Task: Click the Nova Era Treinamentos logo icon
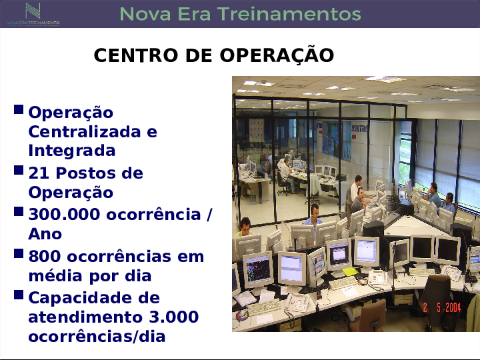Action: [33, 11]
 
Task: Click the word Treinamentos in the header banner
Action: [289, 14]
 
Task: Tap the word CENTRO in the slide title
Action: [136, 55]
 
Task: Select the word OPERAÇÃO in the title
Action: [277, 55]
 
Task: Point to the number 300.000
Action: [64, 214]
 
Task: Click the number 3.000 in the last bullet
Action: [174, 317]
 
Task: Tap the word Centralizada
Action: [84, 131]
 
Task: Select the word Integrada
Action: [72, 151]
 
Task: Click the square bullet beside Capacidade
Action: [19, 295]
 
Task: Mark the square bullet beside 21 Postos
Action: [19, 170]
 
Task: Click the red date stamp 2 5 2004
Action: [442, 307]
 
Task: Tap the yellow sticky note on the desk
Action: [351, 271]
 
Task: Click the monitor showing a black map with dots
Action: [258, 269]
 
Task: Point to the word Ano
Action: [45, 234]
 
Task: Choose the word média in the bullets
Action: [56, 275]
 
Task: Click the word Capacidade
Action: [94, 297]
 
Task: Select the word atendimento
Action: [85, 317]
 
